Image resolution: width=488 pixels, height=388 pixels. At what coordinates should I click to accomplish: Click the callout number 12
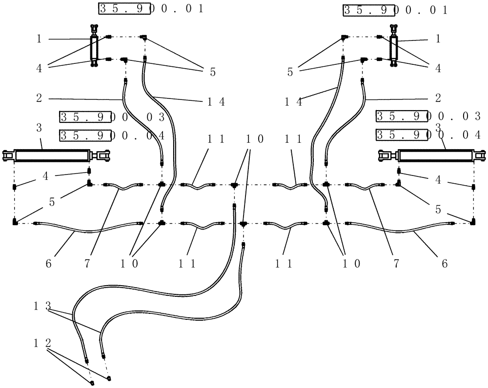point(42,343)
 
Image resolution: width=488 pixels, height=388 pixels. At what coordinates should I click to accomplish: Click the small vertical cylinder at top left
point(94,47)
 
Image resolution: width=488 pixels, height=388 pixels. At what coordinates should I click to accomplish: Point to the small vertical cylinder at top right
point(393,47)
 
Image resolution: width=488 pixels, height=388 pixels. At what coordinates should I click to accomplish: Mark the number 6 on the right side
point(444,264)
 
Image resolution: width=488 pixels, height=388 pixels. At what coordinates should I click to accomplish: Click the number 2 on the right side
point(438,97)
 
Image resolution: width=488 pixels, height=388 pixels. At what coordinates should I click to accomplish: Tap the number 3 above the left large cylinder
point(39,127)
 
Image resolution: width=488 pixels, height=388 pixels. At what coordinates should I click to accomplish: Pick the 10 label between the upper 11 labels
point(254,139)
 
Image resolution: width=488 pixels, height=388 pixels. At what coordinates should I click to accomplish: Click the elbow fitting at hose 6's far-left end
point(15,223)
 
